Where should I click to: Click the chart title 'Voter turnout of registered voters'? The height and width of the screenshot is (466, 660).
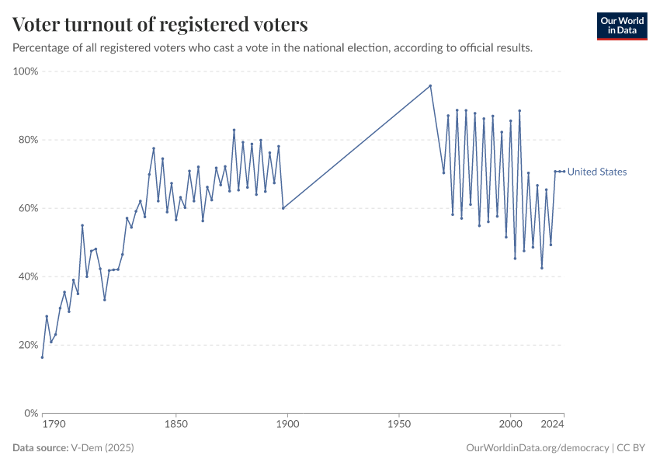pos(160,25)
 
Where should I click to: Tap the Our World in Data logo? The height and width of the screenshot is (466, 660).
pos(621,26)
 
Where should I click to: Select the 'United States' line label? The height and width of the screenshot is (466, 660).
pos(597,172)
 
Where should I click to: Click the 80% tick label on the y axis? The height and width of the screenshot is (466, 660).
pos(29,140)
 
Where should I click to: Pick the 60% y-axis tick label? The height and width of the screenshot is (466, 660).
pos(29,208)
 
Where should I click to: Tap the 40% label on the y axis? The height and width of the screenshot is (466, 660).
pos(29,276)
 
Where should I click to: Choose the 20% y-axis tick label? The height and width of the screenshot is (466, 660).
pos(29,345)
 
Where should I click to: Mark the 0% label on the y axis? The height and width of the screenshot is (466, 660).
pos(31,413)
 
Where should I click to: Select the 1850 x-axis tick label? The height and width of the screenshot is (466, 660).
pos(176,426)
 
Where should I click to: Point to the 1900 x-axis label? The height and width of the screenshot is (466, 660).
pos(287,426)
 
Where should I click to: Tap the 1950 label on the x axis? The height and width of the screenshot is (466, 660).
pos(399,426)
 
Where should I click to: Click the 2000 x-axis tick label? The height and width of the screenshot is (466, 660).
pos(510,426)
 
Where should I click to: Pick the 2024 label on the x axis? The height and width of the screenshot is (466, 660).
pos(552,426)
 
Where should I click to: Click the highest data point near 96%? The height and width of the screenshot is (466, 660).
pos(430,85)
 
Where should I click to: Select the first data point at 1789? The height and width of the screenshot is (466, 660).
pos(42,357)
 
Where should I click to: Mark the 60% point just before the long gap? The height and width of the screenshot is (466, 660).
pos(283,208)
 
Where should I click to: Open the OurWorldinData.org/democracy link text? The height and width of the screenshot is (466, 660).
pos(537,448)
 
